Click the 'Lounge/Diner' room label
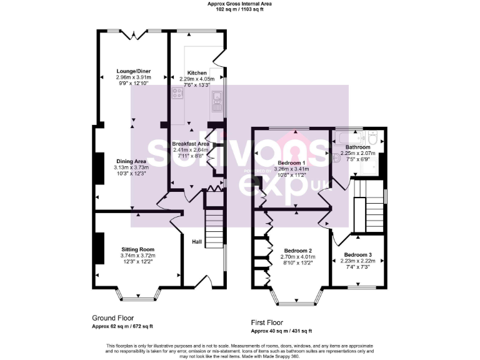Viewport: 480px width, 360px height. (x=133, y=71)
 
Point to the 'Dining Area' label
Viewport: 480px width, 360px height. (x=131, y=161)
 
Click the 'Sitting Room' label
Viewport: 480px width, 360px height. (x=137, y=249)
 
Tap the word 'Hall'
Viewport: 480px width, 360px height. (x=197, y=242)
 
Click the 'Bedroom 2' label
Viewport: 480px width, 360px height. (x=296, y=250)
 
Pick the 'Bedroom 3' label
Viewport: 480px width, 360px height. (x=357, y=255)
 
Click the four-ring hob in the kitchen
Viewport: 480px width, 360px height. (x=177, y=94)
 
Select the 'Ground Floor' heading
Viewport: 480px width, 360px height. (x=113, y=317)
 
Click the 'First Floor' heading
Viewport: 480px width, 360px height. (x=271, y=322)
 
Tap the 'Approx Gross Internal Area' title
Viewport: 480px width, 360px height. (x=239, y=4)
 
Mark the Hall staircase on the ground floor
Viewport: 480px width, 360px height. (x=214, y=228)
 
